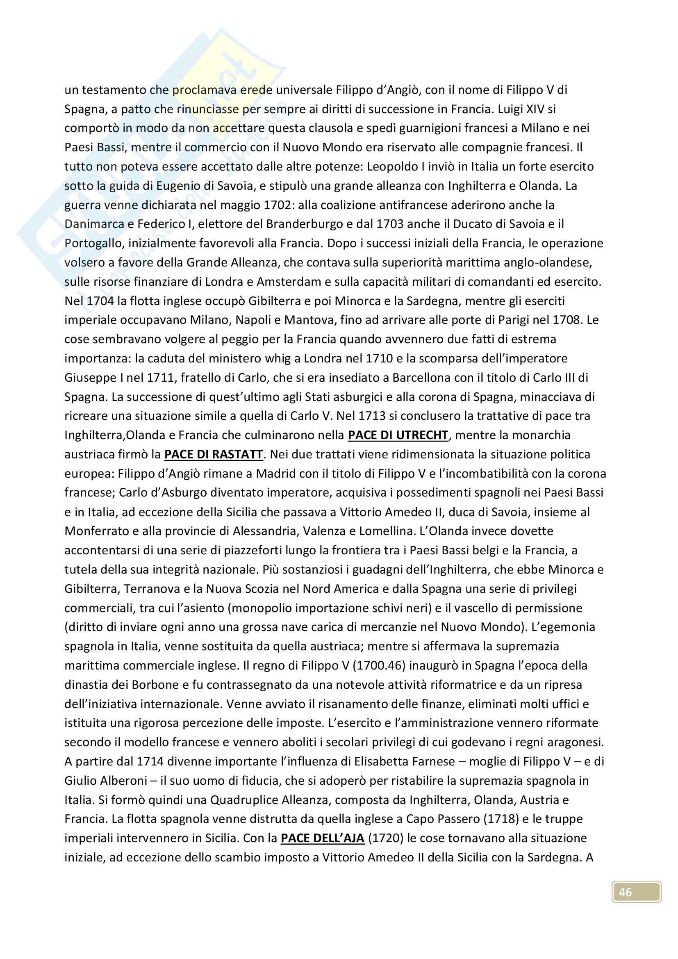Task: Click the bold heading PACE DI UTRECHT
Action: (x=398, y=435)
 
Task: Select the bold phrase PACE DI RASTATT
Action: (x=213, y=454)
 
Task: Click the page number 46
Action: (x=625, y=892)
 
